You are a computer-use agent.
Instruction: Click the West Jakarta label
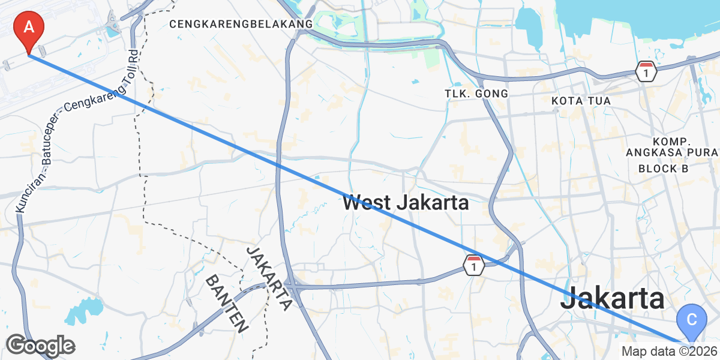(406, 203)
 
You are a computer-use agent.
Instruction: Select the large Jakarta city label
(613, 298)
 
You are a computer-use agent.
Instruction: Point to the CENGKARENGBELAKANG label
(241, 24)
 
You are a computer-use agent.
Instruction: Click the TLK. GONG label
(476, 94)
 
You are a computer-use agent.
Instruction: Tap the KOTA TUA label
(581, 101)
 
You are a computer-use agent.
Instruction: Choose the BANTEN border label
(227, 304)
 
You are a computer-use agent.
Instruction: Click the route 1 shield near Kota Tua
(646, 71)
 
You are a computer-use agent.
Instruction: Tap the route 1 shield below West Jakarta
(474, 265)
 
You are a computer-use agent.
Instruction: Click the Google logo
(40, 346)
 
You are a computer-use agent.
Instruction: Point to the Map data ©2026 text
(668, 352)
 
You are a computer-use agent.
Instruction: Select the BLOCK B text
(663, 169)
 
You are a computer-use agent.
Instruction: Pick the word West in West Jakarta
(367, 203)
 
